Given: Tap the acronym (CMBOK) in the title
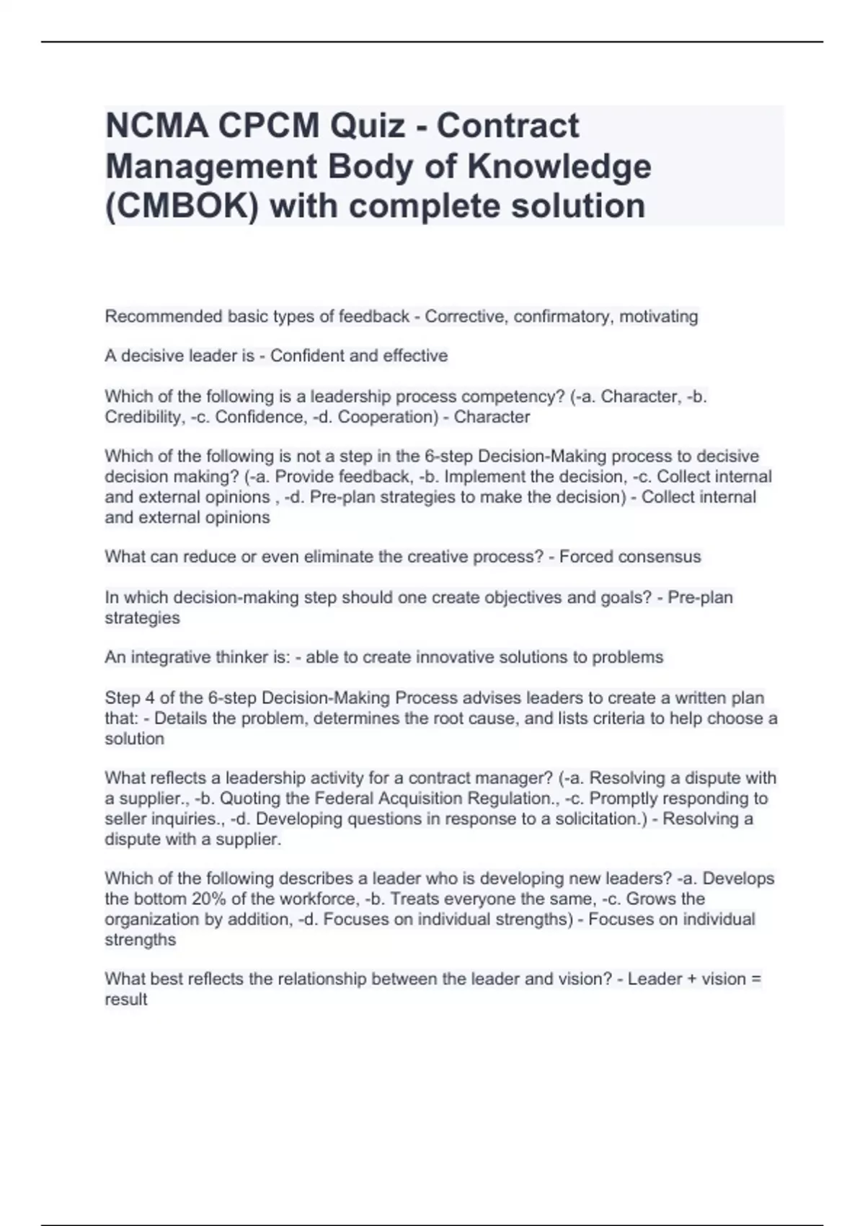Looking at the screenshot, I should pyautogui.click(x=182, y=206).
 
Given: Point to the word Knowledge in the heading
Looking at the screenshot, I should pyautogui.click(x=559, y=166).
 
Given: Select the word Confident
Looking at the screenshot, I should pyautogui.click(x=306, y=356).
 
